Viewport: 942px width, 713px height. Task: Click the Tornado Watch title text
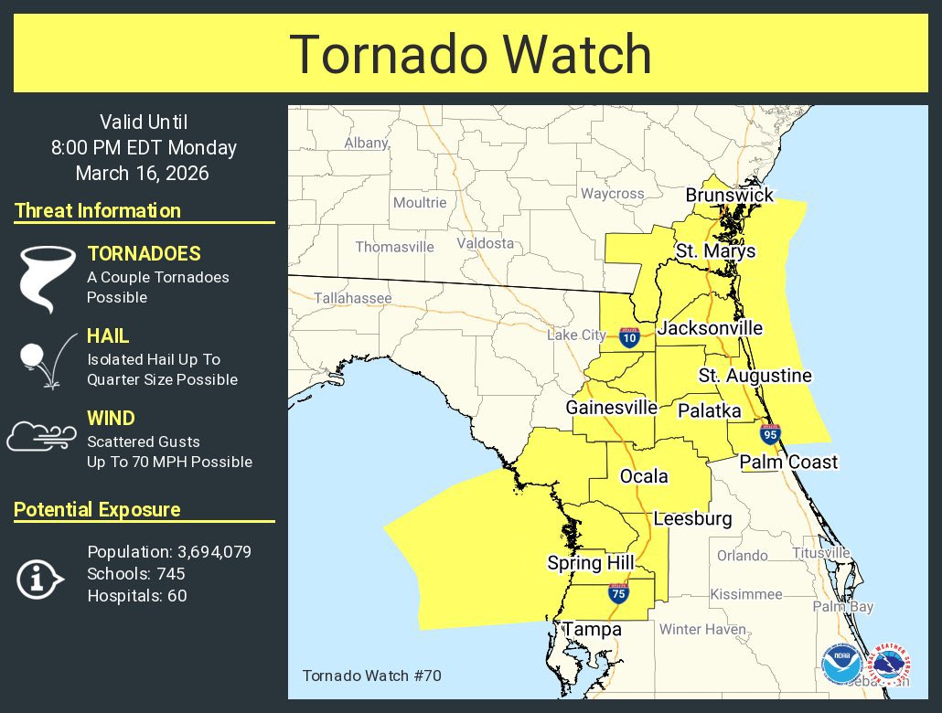470,54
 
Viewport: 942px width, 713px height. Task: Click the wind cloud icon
42,436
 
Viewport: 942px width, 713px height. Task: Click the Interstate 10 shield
629,337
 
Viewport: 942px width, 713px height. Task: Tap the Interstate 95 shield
769,434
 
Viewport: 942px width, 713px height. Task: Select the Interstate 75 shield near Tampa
617,593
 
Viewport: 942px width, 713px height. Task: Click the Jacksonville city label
710,328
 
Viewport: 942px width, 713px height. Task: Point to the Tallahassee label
352,298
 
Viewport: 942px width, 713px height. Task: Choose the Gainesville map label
611,407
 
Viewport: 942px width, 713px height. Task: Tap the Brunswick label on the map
730,195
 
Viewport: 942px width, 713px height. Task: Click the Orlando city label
742,555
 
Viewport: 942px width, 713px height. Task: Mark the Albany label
366,144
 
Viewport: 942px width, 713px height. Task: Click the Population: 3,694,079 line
169,552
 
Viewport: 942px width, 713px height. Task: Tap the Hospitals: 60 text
136,596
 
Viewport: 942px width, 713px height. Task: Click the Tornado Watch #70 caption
359,676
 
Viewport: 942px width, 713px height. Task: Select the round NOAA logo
840,665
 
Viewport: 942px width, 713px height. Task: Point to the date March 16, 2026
143,173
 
